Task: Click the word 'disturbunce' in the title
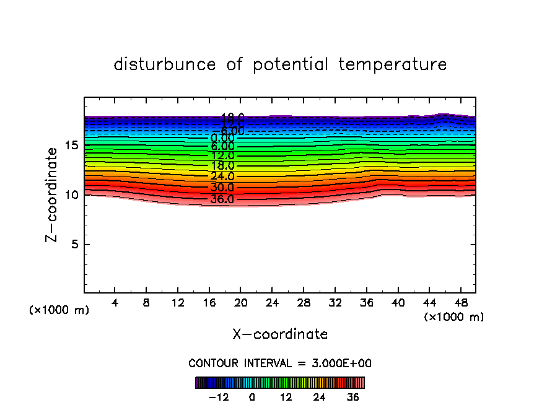(165, 64)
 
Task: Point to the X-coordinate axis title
(280, 334)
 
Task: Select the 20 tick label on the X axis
(240, 303)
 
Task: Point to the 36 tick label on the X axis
(366, 303)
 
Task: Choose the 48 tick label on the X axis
(460, 303)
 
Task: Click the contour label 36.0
(222, 199)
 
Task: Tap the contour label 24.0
(222, 176)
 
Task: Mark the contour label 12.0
(222, 155)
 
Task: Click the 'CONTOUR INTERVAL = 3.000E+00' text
(280, 364)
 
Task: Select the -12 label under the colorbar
(219, 397)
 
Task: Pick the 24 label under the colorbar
(320, 397)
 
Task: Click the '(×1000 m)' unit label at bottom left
(59, 310)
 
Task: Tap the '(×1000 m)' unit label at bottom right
(454, 317)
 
